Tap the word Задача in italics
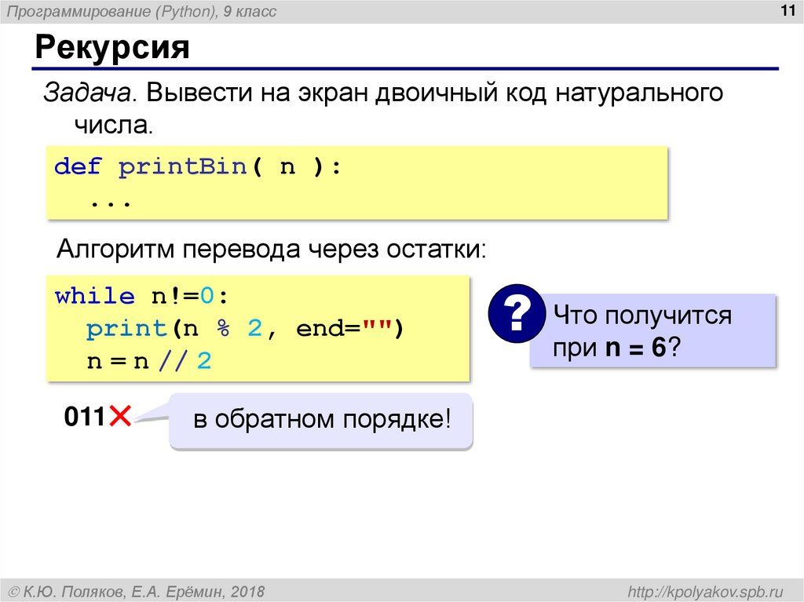click(86, 95)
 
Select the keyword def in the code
click(78, 167)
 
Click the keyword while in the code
click(94, 297)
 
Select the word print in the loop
click(126, 329)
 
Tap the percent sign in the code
click(223, 329)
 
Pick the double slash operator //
click(175, 362)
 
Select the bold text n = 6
click(637, 348)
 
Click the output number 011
click(85, 417)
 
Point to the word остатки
click(436, 250)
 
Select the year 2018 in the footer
click(248, 591)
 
